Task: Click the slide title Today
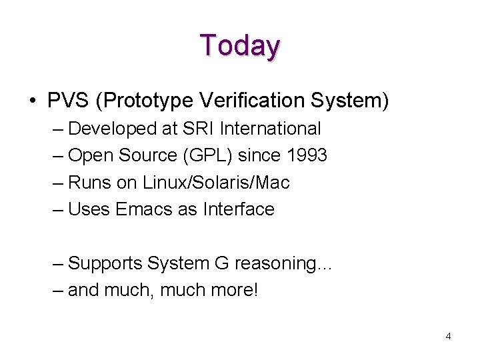(240, 46)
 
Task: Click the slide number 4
(448, 337)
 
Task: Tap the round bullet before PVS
(33, 101)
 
